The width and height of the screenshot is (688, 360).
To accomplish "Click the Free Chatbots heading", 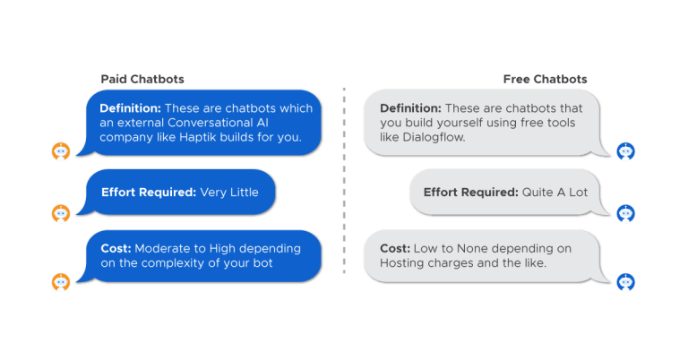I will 545,79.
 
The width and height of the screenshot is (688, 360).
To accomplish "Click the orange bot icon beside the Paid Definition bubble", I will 61,151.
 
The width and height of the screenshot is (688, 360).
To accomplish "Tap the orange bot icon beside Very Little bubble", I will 61,212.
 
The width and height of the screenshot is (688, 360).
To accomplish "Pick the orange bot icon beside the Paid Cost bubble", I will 61,281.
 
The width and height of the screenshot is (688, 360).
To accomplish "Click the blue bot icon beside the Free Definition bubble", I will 626,151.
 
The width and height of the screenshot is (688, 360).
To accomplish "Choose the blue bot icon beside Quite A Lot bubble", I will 626,212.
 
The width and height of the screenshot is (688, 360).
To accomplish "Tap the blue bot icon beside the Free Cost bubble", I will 626,281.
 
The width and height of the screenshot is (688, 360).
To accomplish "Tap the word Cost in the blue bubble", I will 114,248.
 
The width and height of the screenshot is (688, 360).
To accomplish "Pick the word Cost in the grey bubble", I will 393,248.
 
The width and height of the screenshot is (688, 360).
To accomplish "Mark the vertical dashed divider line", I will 344,179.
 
